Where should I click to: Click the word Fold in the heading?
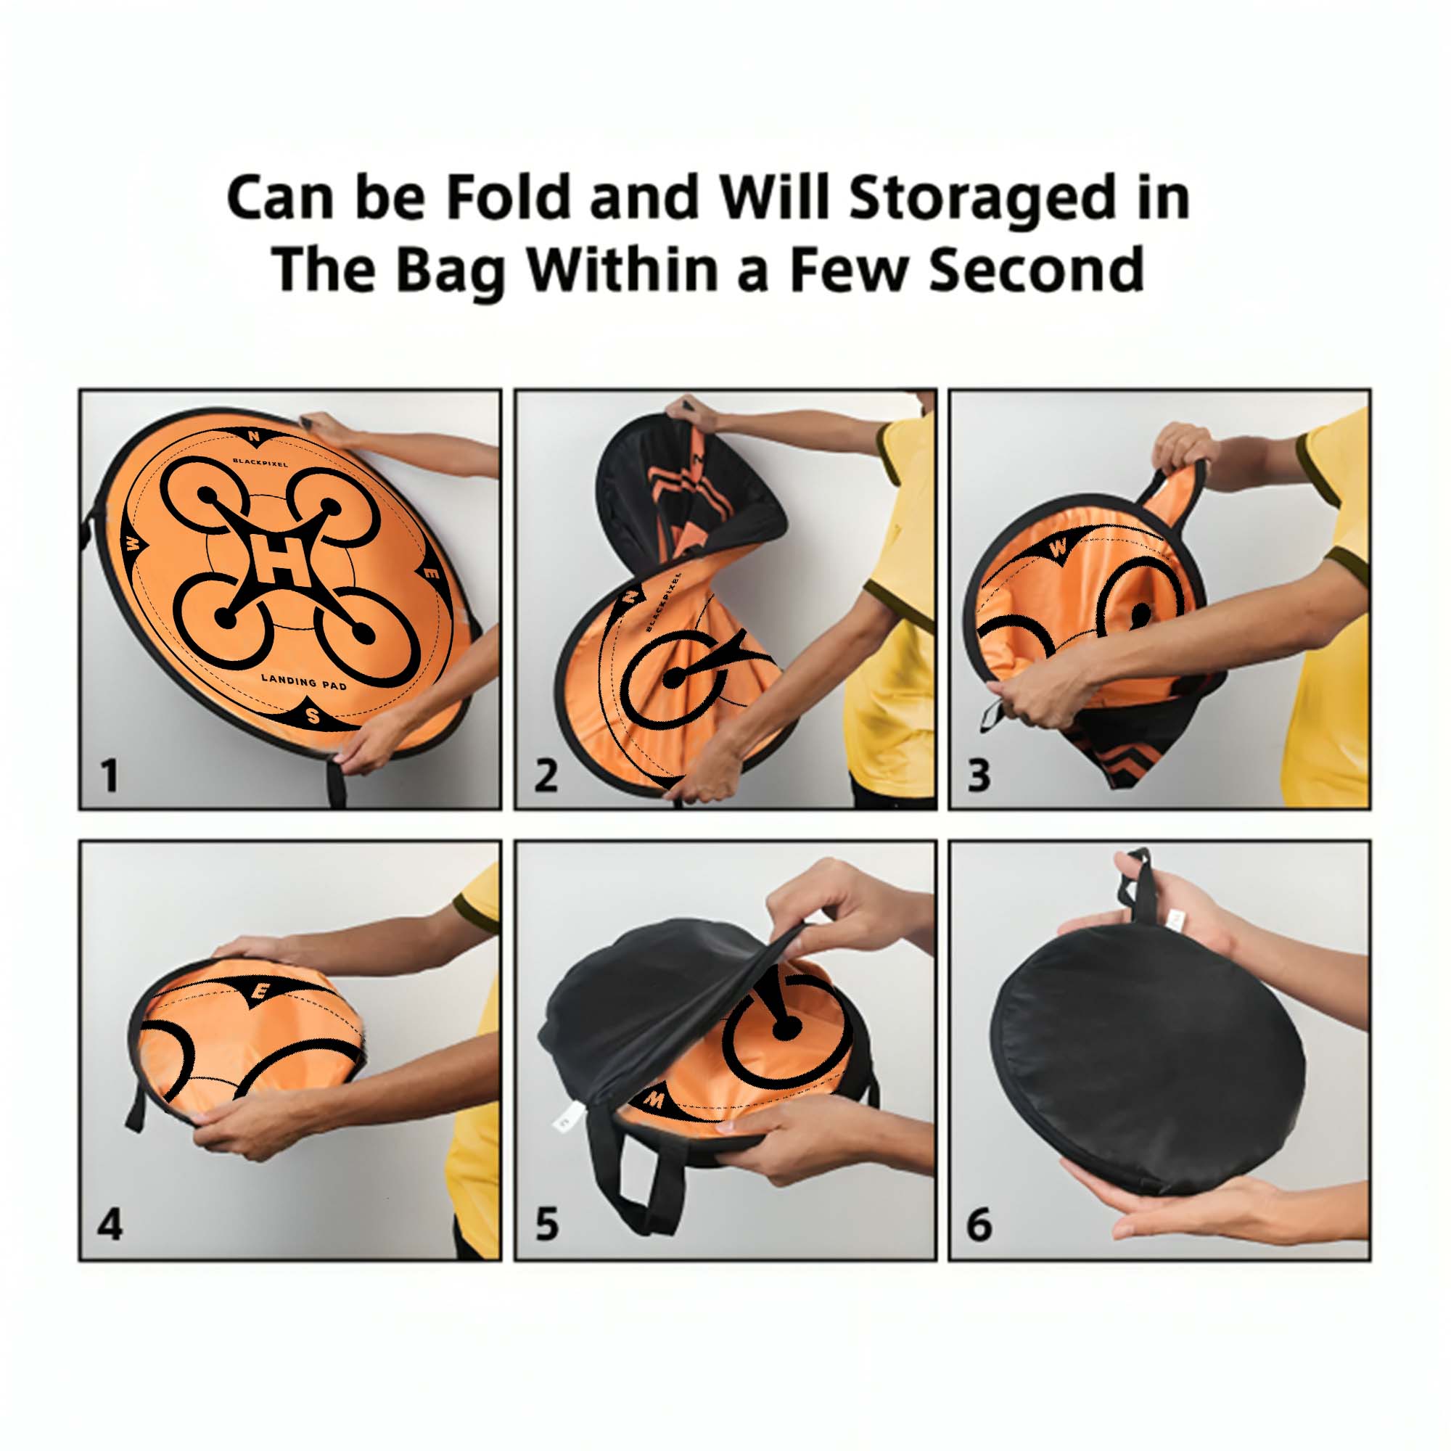[507, 197]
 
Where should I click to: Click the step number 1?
[110, 776]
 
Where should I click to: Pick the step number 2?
[546, 776]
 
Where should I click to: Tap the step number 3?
[979, 776]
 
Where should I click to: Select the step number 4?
[110, 1225]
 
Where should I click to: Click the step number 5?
[547, 1225]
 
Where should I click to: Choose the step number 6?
[979, 1225]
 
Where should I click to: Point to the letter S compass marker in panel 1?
[313, 717]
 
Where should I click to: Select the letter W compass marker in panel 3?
[1057, 548]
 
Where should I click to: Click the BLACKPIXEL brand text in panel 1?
[260, 463]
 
